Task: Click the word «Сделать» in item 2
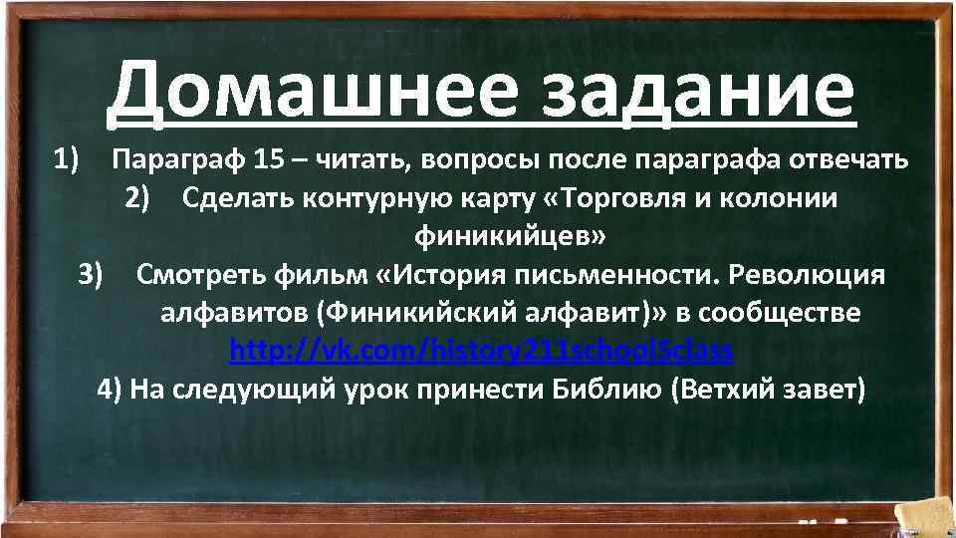point(230,197)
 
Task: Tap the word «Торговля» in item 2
point(614,197)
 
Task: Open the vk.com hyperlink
point(481,350)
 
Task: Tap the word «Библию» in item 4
point(606,388)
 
